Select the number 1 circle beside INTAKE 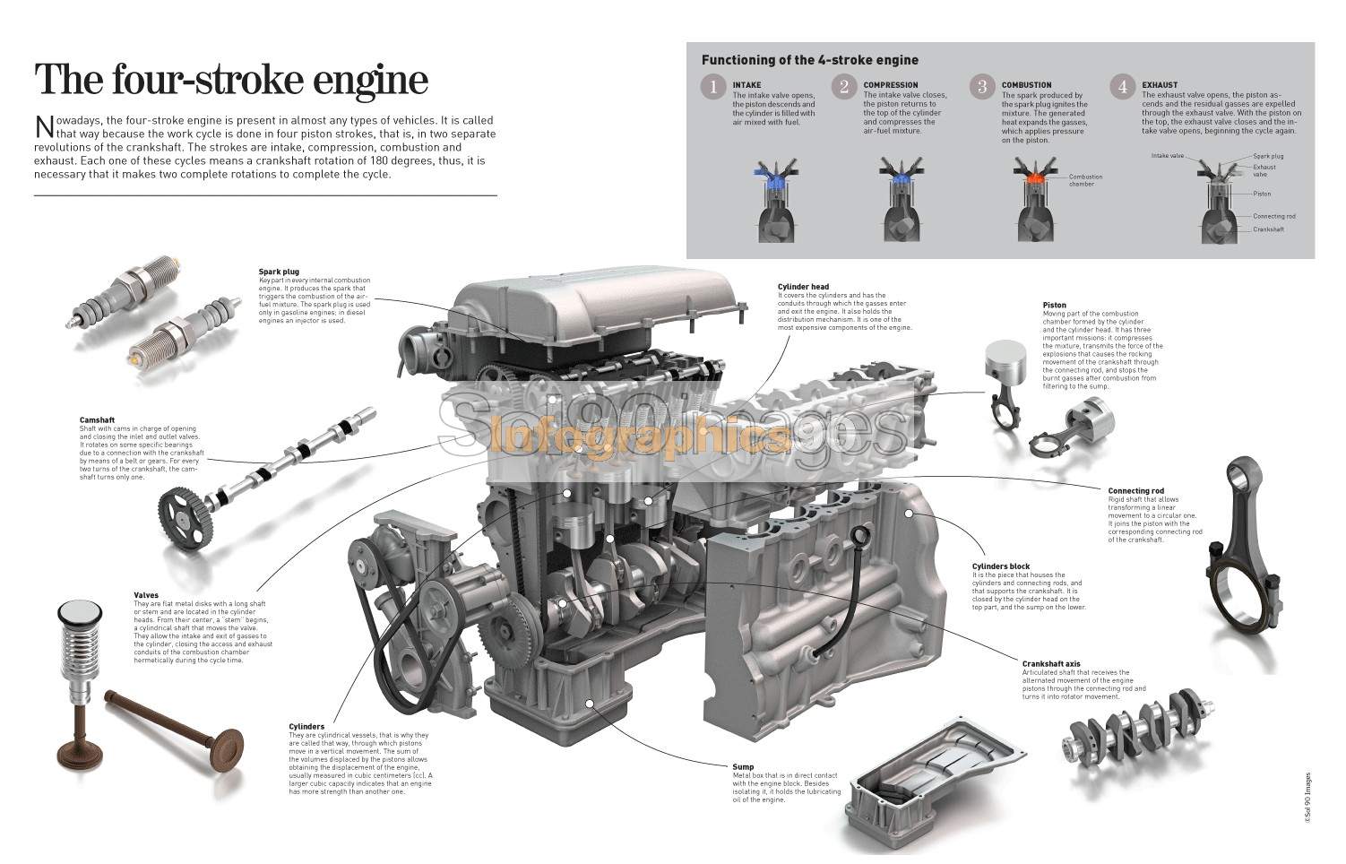pos(713,87)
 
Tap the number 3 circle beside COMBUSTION pos(982,87)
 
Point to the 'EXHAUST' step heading pos(1160,85)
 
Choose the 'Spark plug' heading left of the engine pos(279,272)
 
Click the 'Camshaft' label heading pos(97,420)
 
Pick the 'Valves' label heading pos(146,595)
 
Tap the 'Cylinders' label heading pos(306,727)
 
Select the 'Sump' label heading pos(743,767)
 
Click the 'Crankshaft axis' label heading pos(1051,664)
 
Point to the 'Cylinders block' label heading pos(1001,566)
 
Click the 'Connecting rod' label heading pos(1135,491)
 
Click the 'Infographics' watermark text pos(641,439)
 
